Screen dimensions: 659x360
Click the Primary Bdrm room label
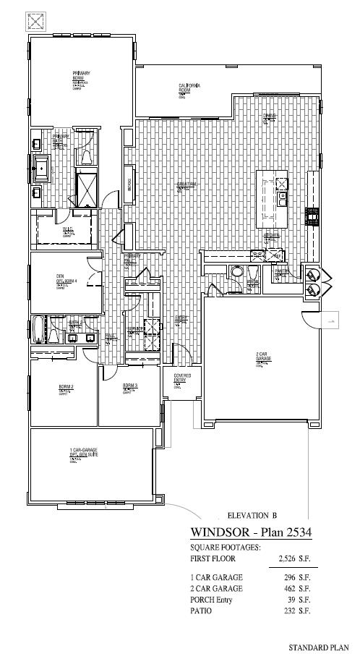(80, 75)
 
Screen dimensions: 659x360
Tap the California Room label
(189, 87)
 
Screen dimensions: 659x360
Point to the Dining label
(269, 116)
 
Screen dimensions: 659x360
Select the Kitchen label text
(272, 235)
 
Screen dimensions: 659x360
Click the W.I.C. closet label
(68, 230)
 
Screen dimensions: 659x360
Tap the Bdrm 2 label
(67, 387)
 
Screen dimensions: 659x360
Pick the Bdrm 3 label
(130, 385)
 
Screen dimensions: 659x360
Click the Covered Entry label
(181, 378)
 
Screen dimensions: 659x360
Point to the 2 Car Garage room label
(263, 357)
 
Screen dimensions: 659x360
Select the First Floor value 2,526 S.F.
(294, 559)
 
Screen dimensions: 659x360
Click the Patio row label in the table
(202, 611)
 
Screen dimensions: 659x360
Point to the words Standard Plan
(319, 648)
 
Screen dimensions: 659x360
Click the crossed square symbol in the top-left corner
(35, 21)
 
